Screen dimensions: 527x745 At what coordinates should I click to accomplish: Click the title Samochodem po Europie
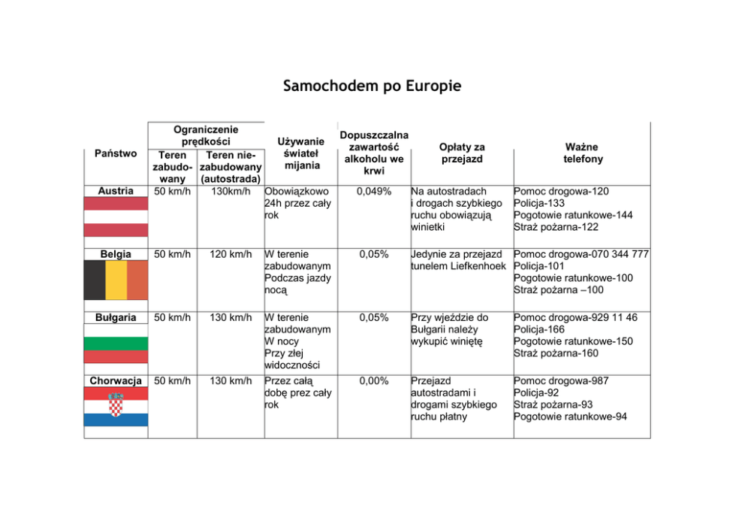372,86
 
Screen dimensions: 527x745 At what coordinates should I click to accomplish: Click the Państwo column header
116,153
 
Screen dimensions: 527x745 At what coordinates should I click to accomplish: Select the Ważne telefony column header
583,153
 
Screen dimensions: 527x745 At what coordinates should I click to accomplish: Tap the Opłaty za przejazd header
461,153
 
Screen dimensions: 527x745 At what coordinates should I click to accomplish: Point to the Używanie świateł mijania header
300,153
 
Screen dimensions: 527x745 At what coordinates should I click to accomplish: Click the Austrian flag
116,217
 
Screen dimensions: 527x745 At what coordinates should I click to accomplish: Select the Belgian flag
116,280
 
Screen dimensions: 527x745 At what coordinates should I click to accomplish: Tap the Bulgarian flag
116,344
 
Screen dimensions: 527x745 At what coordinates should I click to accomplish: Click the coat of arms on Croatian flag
116,407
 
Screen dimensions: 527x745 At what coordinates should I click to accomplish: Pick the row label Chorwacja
116,381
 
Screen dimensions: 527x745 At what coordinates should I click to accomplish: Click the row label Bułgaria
116,318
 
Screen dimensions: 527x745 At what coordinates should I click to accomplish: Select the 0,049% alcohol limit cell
374,192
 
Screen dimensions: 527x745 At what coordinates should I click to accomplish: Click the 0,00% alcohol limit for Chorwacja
374,381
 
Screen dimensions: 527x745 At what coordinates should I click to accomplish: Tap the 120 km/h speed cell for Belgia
231,255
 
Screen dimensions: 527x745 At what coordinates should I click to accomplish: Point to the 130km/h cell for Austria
231,192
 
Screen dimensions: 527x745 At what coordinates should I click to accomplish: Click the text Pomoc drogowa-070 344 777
581,255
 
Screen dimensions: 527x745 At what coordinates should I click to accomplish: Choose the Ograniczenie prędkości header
207,135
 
